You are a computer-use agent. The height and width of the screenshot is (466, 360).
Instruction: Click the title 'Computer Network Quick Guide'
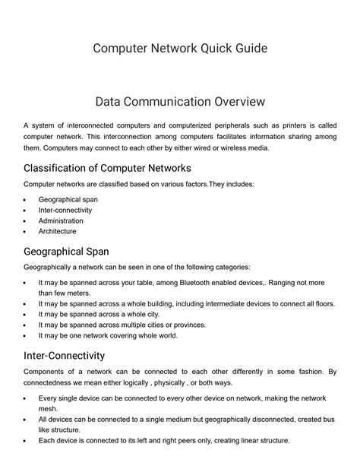(x=180, y=49)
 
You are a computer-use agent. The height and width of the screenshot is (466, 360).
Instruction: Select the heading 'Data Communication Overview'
(x=180, y=100)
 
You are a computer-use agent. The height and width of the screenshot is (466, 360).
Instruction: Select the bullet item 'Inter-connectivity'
(x=65, y=210)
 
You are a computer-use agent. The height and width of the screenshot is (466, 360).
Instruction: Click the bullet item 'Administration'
(x=61, y=220)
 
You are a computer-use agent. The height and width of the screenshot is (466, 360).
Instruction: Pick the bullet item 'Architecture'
(x=58, y=231)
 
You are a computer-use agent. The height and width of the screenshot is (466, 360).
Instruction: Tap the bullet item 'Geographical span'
(x=68, y=199)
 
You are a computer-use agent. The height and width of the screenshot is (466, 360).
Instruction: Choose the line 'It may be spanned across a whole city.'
(x=109, y=313)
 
